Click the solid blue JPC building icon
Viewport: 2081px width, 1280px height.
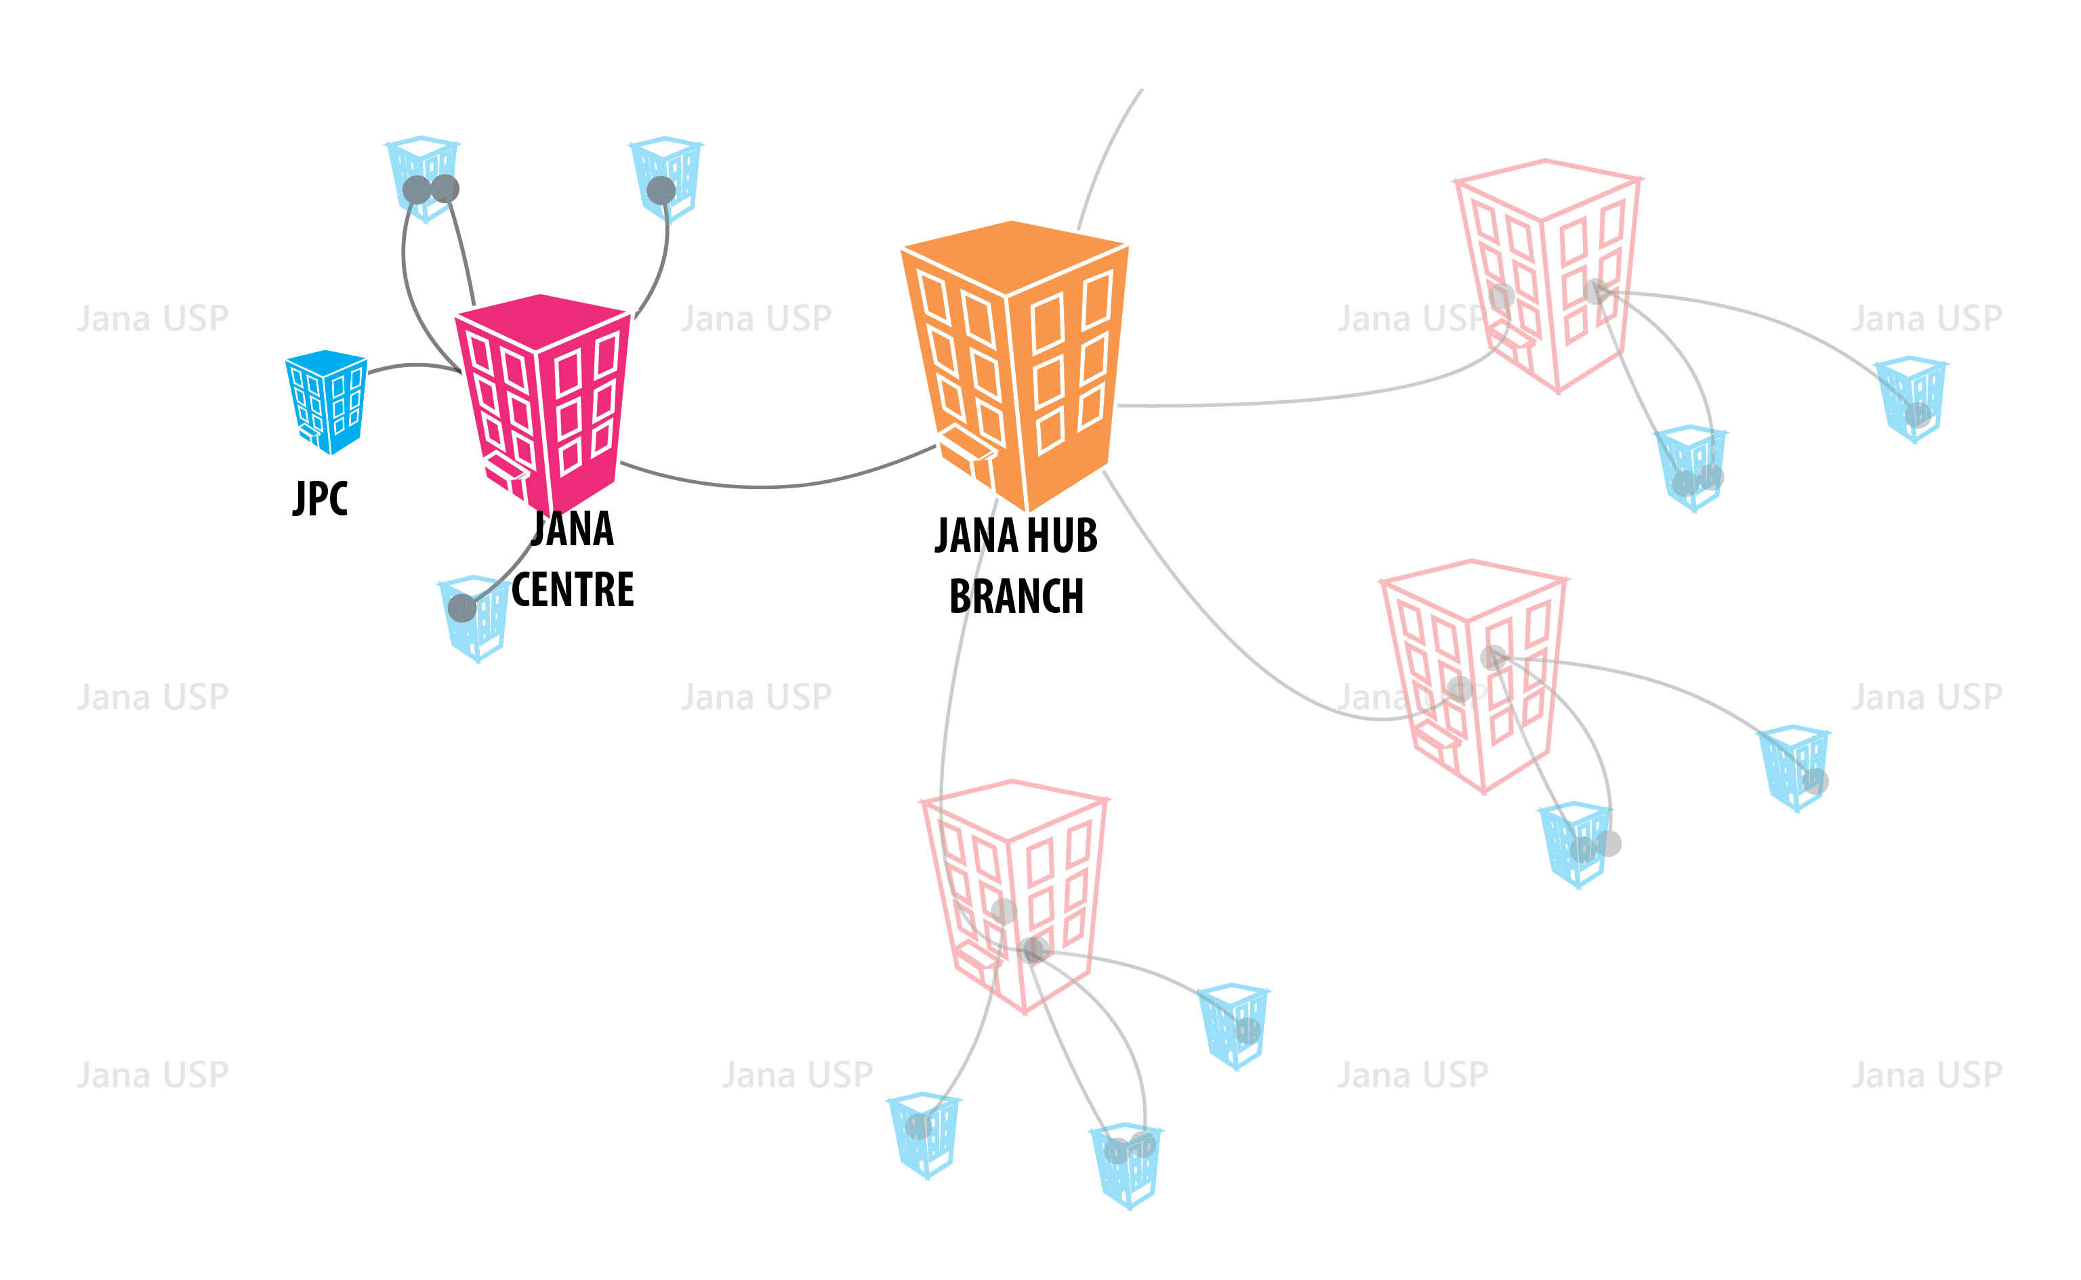(x=326, y=401)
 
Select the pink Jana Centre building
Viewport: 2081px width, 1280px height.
(x=543, y=403)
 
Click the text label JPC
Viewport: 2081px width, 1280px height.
(x=320, y=498)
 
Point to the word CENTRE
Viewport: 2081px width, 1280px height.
(x=573, y=590)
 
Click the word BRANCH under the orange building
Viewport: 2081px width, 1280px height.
(x=1016, y=596)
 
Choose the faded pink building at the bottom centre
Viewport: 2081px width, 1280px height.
(x=1014, y=895)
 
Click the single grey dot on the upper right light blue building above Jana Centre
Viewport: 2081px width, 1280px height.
(x=661, y=190)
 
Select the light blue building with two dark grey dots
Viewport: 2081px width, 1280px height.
(x=423, y=179)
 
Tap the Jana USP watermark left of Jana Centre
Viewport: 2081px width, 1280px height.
(x=153, y=318)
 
